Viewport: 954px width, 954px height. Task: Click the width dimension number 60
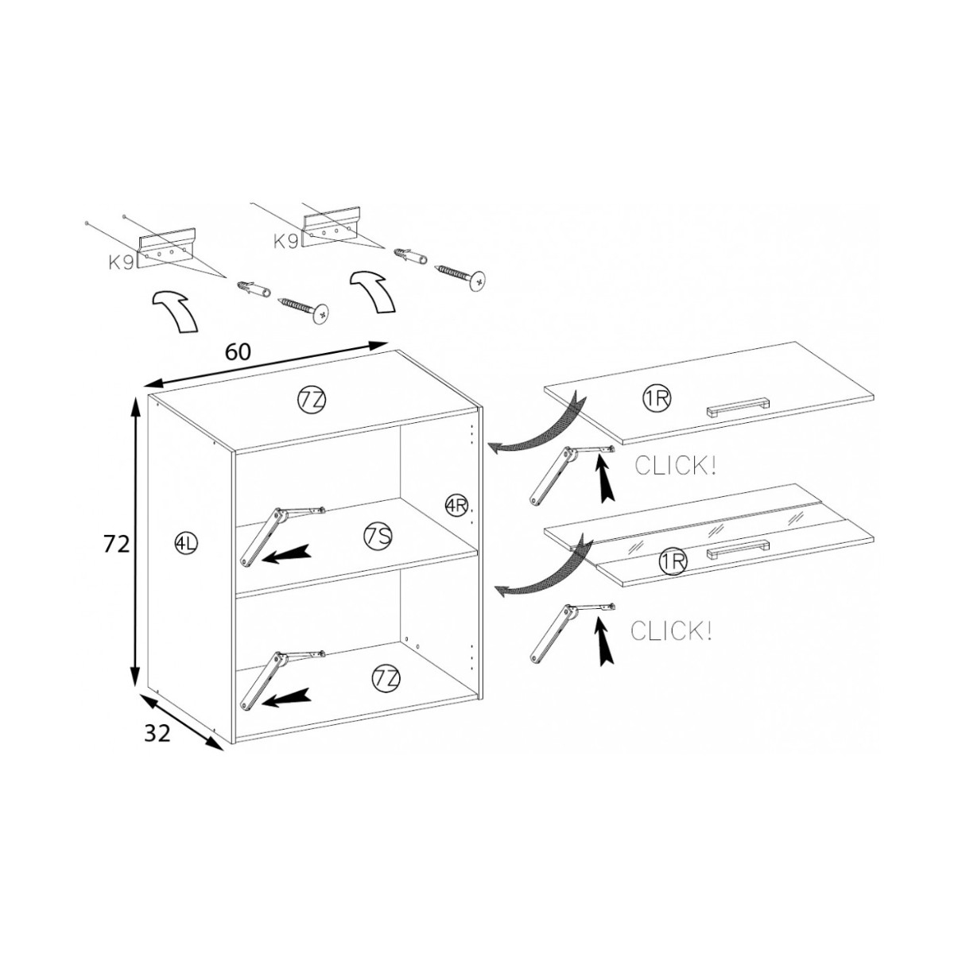tap(238, 351)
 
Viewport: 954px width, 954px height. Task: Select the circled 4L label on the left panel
tap(186, 544)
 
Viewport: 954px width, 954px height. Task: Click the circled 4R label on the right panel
tap(456, 504)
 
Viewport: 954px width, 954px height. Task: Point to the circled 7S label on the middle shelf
tap(378, 537)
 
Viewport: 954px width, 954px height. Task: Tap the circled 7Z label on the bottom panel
tap(385, 679)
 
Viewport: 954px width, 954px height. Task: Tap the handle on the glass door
tap(738, 549)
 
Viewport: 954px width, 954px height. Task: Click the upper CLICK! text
tap(675, 466)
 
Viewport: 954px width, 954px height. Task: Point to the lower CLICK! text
tap(671, 631)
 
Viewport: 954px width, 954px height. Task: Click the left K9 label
tap(122, 262)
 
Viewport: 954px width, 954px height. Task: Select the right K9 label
tap(286, 241)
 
